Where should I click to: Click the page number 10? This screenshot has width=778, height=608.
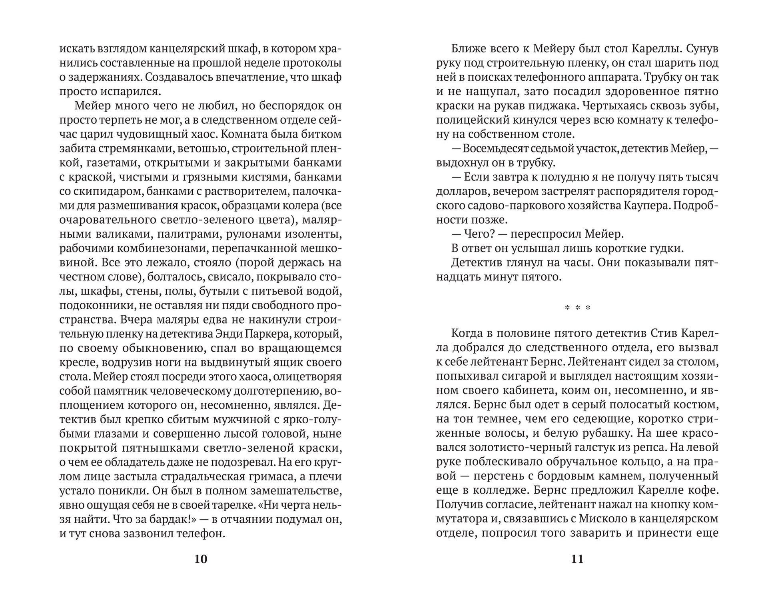201,559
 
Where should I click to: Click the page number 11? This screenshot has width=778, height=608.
577,559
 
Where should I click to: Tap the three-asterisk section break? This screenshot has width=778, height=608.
577,308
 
